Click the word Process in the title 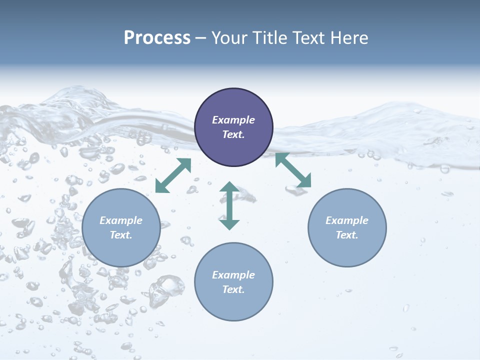(x=157, y=38)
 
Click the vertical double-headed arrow (x=229, y=205)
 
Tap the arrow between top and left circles (x=173, y=175)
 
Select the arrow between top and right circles (x=293, y=170)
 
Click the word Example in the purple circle (x=233, y=120)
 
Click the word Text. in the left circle (x=121, y=235)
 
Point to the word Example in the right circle (x=347, y=220)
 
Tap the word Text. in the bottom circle (x=233, y=289)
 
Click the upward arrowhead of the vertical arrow (x=229, y=187)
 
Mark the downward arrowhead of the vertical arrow (x=229, y=224)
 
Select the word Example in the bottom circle (x=233, y=275)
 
